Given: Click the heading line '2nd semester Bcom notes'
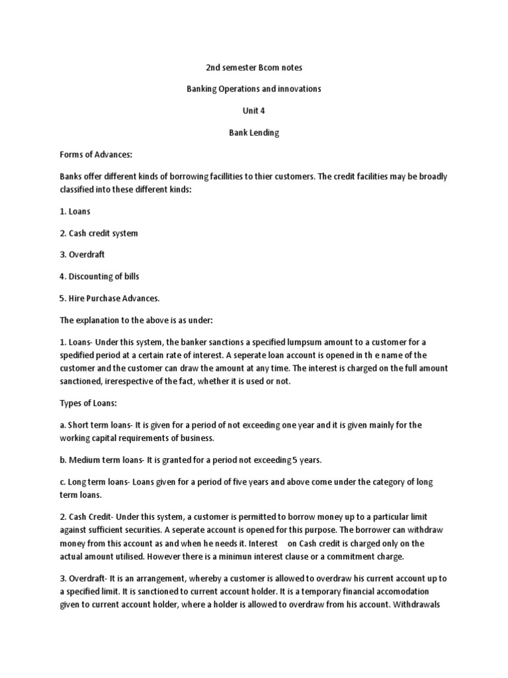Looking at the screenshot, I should coord(253,68).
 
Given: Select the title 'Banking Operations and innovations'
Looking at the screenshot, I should coord(253,89).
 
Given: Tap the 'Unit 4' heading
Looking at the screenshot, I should coord(253,111).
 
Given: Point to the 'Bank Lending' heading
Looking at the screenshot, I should coord(253,132).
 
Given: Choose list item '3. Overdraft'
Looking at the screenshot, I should coord(83,254).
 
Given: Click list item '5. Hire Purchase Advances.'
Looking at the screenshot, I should coord(110,297).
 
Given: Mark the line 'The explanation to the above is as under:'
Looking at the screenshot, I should coord(136,319).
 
